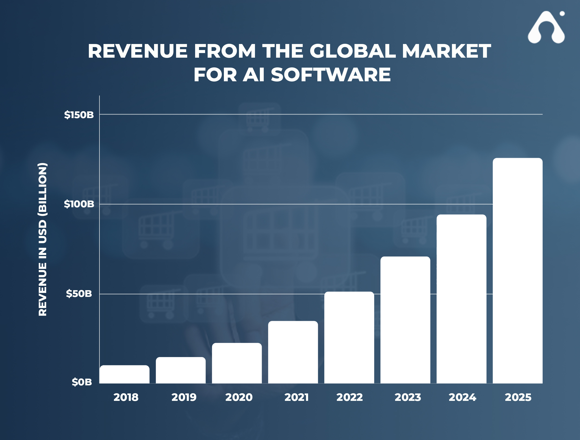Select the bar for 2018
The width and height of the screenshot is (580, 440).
tap(124, 374)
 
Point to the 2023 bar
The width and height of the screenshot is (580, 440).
tap(405, 320)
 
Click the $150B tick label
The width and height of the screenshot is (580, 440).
tap(79, 115)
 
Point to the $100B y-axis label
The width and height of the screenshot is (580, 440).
tap(79, 204)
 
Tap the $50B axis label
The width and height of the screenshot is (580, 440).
tap(79, 294)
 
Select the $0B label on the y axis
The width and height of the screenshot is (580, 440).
tap(82, 382)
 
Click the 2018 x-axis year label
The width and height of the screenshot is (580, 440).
tap(126, 397)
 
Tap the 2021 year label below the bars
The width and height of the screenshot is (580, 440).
tap(296, 397)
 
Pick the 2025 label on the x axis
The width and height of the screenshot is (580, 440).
tap(518, 397)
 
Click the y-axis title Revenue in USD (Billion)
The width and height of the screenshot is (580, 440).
tap(42, 239)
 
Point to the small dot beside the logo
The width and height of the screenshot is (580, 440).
tap(562, 13)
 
